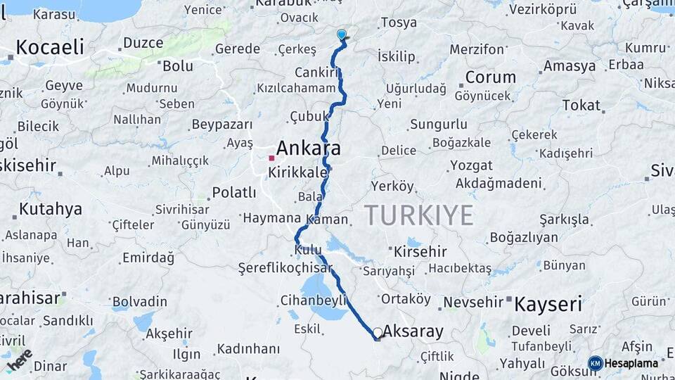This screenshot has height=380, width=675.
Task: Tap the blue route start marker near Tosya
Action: click(x=342, y=34)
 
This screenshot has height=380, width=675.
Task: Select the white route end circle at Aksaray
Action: click(x=378, y=332)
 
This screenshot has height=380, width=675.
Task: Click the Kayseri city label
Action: click(x=548, y=305)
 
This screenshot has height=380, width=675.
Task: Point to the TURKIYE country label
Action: click(x=419, y=216)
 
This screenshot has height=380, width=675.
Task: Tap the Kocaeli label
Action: click(x=49, y=47)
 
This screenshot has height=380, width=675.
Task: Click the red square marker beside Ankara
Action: click(x=271, y=158)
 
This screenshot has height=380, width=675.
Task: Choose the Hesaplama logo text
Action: click(x=631, y=363)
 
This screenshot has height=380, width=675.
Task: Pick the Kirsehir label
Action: click(x=420, y=251)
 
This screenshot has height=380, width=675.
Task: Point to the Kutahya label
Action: click(x=51, y=209)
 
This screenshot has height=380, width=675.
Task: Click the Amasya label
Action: click(x=569, y=66)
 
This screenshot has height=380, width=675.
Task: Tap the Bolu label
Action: click(x=177, y=66)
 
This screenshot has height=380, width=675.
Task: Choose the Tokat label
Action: click(x=581, y=106)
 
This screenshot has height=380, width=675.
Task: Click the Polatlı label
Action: click(x=234, y=192)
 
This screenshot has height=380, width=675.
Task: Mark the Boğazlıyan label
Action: click(x=523, y=237)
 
